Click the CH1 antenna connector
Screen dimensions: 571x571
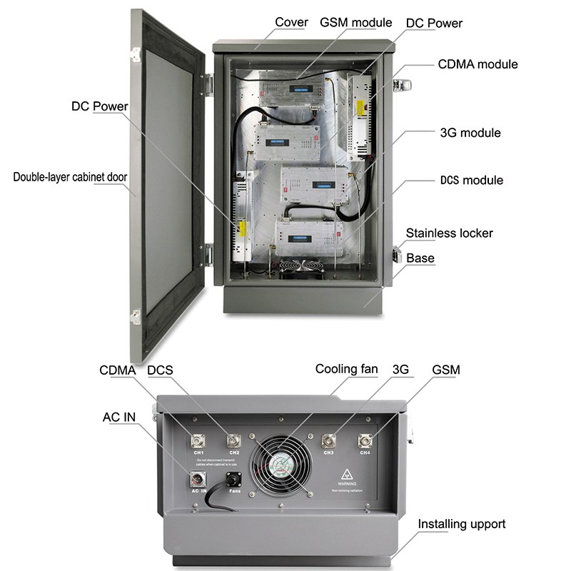[198, 440]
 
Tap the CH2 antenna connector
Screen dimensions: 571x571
[233, 440]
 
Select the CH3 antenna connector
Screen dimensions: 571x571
[329, 440]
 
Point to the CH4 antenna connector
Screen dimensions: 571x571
[365, 440]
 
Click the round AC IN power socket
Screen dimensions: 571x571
[198, 479]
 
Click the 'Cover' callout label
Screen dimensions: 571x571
[292, 22]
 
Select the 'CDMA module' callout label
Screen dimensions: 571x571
[477, 64]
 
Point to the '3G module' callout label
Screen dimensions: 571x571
[470, 133]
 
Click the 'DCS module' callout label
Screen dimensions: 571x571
[472, 180]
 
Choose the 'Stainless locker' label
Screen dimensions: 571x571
[449, 233]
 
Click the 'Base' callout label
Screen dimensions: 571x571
[420, 258]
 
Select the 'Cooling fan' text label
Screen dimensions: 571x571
[347, 369]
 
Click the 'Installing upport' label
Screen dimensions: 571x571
[462, 524]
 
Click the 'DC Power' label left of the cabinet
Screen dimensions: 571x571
[99, 106]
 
